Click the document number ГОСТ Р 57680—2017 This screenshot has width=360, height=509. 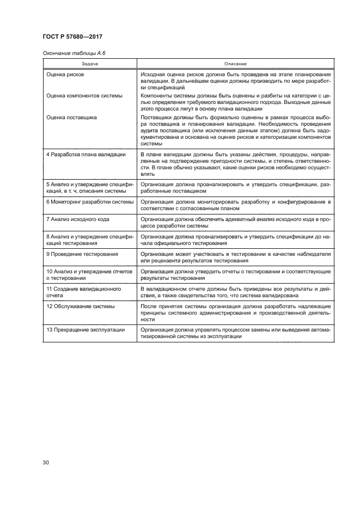point(72,36)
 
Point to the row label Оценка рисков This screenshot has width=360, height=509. point(65,73)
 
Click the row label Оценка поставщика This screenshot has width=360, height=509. point(71,116)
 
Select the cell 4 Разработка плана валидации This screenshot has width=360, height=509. point(86,155)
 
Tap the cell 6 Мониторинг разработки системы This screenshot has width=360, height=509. point(89,201)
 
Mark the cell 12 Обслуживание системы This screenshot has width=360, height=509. point(80,306)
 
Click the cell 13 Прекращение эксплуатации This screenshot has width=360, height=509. point(85,330)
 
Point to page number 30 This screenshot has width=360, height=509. point(46,463)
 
